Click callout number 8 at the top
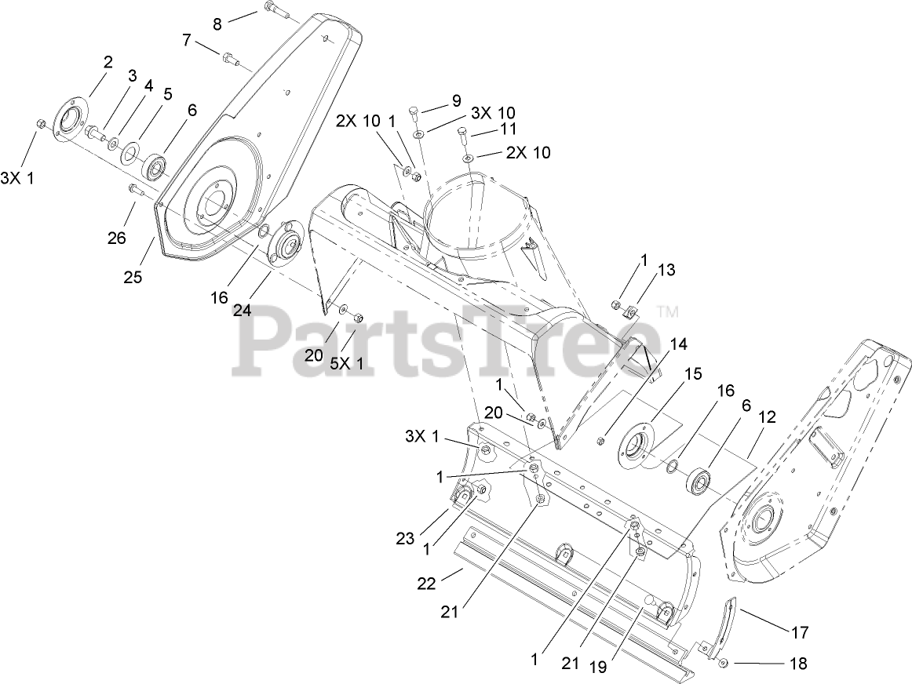(x=217, y=24)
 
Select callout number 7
(x=187, y=40)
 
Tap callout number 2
(x=108, y=63)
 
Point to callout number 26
(x=117, y=238)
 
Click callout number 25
(x=133, y=277)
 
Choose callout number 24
(x=243, y=311)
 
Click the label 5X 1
(x=347, y=364)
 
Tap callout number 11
(x=509, y=128)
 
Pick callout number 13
(x=666, y=270)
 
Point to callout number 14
(x=677, y=344)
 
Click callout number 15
(x=693, y=373)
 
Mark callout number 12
(x=767, y=417)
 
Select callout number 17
(x=801, y=631)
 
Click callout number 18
(x=799, y=663)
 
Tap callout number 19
(x=598, y=668)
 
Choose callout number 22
(x=426, y=583)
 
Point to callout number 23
(x=406, y=539)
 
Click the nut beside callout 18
(x=724, y=663)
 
